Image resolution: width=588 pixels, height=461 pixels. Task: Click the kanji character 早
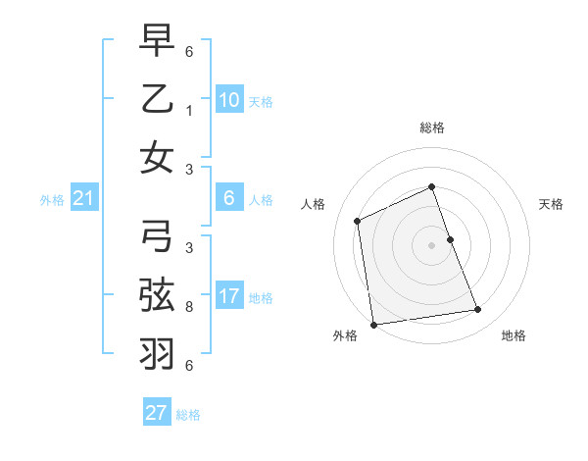coord(157,43)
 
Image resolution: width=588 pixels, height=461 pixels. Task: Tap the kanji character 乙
coord(157,100)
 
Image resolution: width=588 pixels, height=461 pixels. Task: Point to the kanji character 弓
coord(157,235)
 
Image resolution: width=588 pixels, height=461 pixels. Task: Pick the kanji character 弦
coord(157,293)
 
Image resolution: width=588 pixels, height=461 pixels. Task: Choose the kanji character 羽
coord(157,350)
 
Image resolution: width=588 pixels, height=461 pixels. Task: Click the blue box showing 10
coord(228,100)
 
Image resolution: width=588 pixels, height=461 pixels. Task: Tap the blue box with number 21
coord(83,199)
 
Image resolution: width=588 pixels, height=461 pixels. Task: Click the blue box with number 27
coord(157,413)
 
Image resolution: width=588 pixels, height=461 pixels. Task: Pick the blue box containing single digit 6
coord(228,199)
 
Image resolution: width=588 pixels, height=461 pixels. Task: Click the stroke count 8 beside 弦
coord(188,307)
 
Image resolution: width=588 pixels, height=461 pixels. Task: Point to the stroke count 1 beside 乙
coord(188,112)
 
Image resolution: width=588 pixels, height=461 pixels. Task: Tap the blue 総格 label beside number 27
coord(188,414)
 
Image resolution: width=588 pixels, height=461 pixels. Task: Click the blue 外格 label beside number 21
coord(52,200)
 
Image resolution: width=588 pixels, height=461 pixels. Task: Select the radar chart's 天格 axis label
coord(551,204)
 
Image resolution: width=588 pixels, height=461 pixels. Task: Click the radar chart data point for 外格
coord(373,324)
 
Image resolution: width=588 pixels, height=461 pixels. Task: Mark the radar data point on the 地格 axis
coord(478,310)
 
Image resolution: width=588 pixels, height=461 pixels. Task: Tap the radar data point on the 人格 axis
coord(358,221)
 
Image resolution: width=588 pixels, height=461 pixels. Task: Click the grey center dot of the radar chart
coord(431,244)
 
